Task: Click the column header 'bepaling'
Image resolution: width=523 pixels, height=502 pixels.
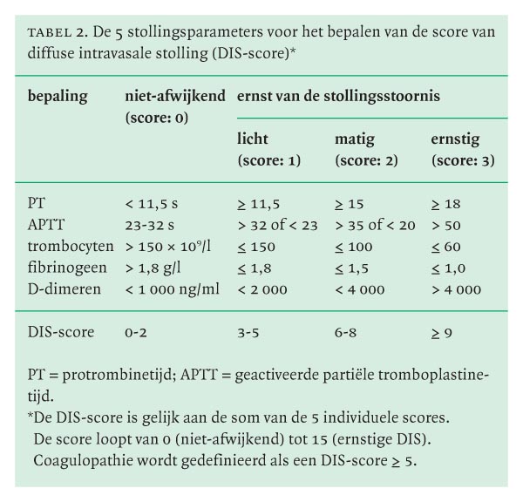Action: tap(58, 97)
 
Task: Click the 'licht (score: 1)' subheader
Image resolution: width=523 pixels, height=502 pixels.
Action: tap(269, 149)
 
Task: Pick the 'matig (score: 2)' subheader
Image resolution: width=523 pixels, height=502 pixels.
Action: tap(367, 149)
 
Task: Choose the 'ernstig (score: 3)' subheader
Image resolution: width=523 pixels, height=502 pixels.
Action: tap(460, 149)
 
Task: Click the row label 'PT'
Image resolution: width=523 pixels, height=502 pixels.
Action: tap(37, 204)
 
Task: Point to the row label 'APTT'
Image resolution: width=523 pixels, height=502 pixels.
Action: tap(45, 223)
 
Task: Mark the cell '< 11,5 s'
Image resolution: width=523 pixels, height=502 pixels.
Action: tap(152, 204)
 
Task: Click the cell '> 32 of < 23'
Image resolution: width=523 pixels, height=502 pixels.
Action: tap(275, 223)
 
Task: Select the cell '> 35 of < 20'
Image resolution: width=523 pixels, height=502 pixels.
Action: tap(373, 223)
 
